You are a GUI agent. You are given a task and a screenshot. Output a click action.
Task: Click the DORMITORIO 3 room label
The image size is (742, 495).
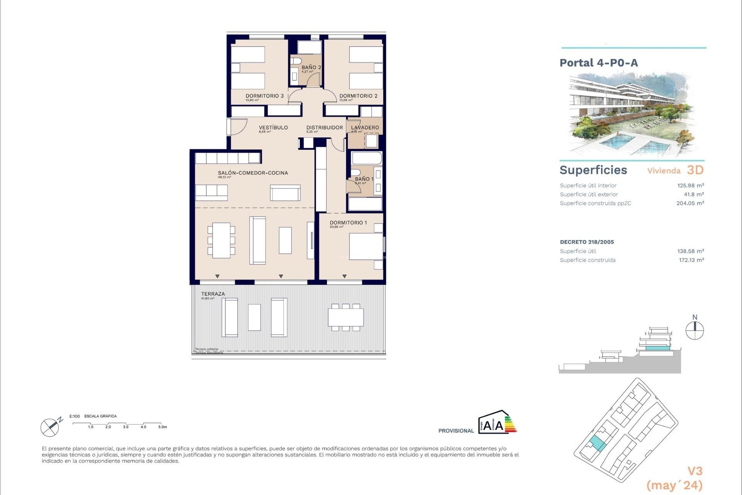tap(265, 96)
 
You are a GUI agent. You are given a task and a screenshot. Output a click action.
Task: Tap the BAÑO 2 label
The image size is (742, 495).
tap(311, 67)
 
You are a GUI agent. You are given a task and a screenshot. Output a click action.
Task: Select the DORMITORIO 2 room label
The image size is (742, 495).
tap(358, 96)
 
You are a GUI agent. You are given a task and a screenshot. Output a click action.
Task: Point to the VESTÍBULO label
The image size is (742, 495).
tap(273, 128)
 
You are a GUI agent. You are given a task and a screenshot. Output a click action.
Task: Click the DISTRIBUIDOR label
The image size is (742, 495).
tap(325, 128)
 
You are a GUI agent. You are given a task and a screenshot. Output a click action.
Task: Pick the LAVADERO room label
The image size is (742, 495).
tap(365, 128)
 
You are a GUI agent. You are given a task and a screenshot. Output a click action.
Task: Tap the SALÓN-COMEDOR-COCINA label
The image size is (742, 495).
tap(253, 173)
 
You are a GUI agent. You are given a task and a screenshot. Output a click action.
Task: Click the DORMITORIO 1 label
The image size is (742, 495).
tap(348, 223)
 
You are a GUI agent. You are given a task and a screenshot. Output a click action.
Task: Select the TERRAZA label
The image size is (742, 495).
tap(213, 294)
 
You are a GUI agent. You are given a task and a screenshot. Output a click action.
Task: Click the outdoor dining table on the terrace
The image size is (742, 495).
tap(346, 317)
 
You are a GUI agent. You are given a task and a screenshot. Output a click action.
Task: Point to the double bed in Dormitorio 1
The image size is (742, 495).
tap(366, 246)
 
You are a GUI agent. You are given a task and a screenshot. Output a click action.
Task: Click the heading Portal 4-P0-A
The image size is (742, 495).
tap(599, 63)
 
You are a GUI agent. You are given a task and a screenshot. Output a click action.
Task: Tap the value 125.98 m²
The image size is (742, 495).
tap(690, 186)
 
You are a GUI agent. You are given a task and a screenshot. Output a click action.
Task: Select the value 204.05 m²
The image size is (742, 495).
tap(690, 203)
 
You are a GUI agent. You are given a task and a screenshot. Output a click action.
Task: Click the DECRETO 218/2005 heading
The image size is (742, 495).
tap(587, 242)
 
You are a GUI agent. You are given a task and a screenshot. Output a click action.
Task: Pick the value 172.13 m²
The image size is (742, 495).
tap(691, 260)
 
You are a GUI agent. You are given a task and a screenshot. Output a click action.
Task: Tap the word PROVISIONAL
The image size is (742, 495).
tap(456, 431)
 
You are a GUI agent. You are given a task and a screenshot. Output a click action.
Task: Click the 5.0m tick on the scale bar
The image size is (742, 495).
tap(162, 427)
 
